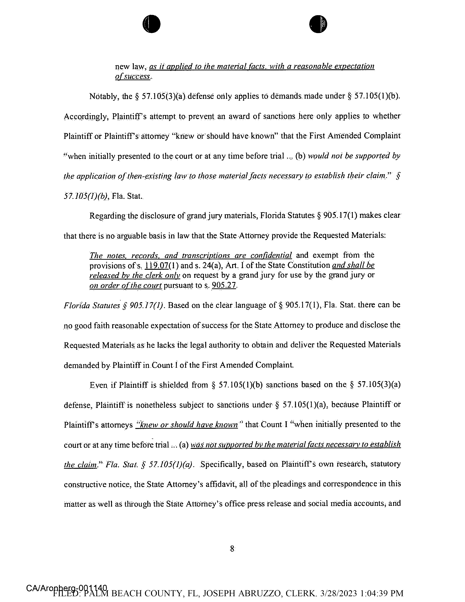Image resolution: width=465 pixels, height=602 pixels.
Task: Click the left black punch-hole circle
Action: [x=151, y=24]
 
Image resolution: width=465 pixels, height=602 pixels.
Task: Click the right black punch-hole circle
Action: [x=318, y=24]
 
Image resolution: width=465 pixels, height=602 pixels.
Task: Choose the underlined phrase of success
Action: [x=132, y=77]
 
